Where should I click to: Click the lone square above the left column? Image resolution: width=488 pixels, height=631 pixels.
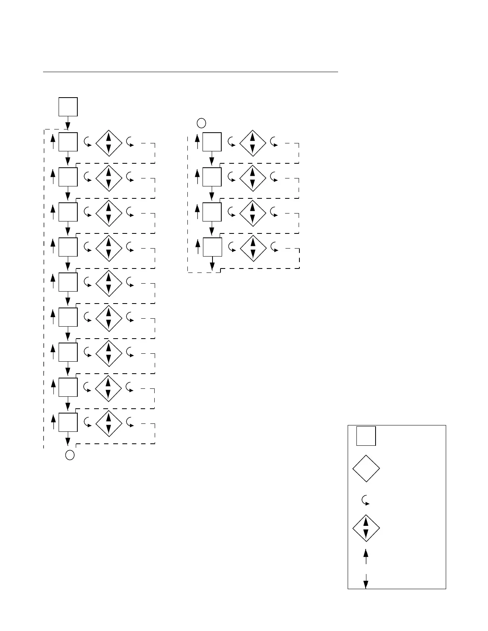click(68, 107)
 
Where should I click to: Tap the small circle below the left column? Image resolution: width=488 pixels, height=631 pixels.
click(70, 455)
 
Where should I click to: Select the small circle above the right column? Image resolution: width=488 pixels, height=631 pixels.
click(201, 123)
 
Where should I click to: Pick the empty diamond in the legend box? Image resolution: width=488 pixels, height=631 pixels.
click(366, 468)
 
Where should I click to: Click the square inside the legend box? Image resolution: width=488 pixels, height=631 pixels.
click(366, 436)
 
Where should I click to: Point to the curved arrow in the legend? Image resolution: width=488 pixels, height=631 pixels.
click(365, 501)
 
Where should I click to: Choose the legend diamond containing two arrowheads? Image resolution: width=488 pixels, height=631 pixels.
click(366, 528)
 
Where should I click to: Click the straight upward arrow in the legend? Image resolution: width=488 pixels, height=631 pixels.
click(366, 556)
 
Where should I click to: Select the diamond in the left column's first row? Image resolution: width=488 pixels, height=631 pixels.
click(108, 143)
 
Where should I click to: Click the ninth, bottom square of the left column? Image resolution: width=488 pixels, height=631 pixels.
click(68, 422)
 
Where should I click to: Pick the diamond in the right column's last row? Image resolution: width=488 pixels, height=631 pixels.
click(252, 249)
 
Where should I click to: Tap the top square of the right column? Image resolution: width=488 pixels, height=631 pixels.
click(212, 142)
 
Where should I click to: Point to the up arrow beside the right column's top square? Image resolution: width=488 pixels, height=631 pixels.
click(197, 141)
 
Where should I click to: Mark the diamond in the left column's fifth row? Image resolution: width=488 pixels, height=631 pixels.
click(108, 284)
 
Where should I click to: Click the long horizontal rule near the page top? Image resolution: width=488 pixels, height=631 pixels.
click(190, 72)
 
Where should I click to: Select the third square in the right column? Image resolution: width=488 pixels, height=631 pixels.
click(212, 212)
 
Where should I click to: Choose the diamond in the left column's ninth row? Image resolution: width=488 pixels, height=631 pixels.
click(108, 424)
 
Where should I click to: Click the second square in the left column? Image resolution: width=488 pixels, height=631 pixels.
click(68, 177)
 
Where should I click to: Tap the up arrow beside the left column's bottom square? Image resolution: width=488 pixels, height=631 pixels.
click(53, 422)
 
